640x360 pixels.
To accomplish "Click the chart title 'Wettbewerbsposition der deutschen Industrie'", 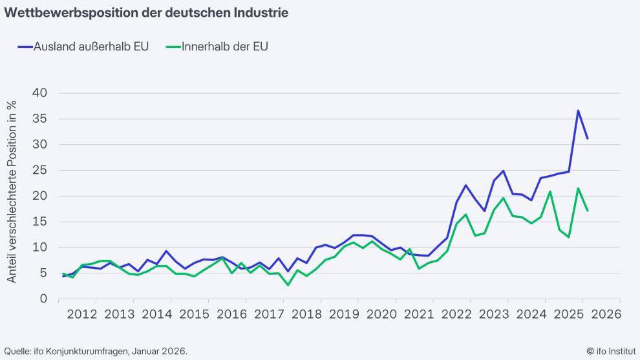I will [x=138, y=12].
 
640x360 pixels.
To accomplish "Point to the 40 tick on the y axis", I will [x=39, y=93].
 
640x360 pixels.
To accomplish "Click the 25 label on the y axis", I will [x=39, y=170].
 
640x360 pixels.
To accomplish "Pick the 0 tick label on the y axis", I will [x=43, y=299].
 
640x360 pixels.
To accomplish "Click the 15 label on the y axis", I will [x=39, y=222].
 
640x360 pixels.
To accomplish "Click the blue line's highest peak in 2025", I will [x=578, y=111].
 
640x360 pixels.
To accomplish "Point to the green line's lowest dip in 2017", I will [x=288, y=285].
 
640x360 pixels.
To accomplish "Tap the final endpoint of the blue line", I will [x=587, y=138].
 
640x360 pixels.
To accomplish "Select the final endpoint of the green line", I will [x=587, y=210].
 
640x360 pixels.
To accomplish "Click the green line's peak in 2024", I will [x=549, y=191].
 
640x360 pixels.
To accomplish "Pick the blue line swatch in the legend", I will [x=27, y=47].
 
